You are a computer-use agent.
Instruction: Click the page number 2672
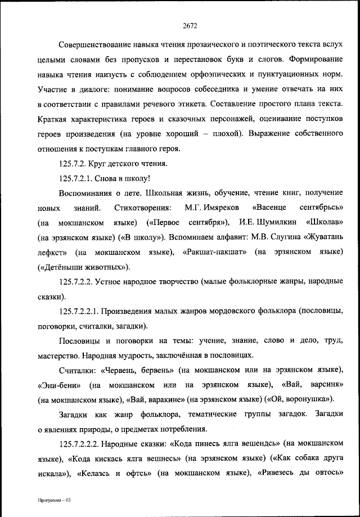click(190, 25)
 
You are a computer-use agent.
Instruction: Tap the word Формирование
click(316, 59)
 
